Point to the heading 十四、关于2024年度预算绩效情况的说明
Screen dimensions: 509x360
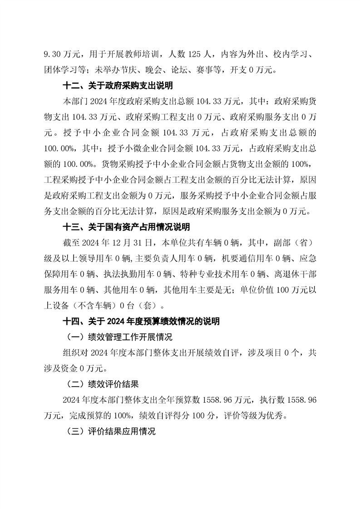[x=141, y=322]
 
